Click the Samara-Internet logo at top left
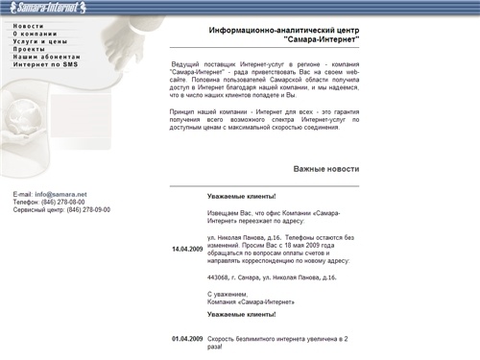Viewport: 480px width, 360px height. tap(57, 8)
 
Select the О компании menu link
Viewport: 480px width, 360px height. tap(36, 34)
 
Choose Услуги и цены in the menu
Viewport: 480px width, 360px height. tap(40, 42)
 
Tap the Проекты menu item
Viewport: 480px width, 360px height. tap(30, 50)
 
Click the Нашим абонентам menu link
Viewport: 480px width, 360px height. tap(45, 58)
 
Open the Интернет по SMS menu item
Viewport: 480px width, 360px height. tap(46, 65)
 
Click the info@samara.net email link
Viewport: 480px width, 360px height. tap(60, 194)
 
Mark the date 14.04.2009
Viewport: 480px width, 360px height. tap(187, 250)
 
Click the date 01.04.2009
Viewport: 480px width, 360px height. tap(187, 339)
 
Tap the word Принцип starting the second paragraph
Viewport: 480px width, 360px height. tap(184, 112)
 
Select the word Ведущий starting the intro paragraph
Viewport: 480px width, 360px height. tap(186, 63)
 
